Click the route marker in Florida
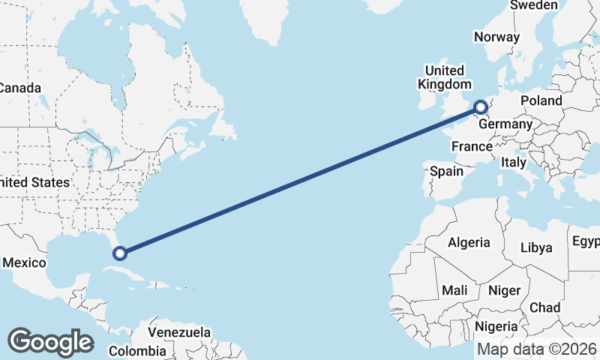coord(120,253)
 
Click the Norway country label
coord(496,37)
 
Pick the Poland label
coord(541,100)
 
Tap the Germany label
coord(505,124)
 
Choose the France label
coord(472,146)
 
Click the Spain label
coord(446,171)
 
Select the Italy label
coord(514,162)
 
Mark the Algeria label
coord(469,242)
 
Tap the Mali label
coord(454,289)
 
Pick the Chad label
coord(544,307)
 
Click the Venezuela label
coord(178,331)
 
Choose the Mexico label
coord(25,262)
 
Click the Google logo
coord(50,341)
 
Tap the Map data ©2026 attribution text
coord(537,349)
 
